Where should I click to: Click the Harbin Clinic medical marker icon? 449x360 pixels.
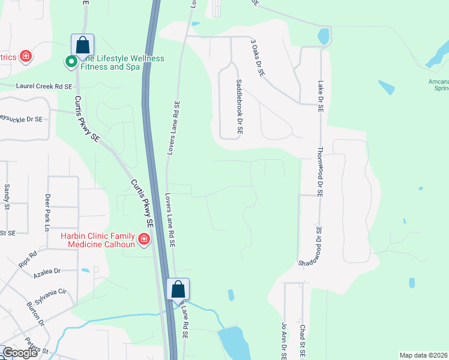coord(143,241)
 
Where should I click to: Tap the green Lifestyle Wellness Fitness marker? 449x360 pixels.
coord(70,61)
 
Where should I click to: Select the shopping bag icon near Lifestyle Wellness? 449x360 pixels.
coord(82,45)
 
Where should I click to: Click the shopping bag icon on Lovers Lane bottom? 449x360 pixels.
coord(178,289)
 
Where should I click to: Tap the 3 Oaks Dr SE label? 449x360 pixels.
coord(257,58)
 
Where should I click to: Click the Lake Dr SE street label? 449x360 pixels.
coord(321,97)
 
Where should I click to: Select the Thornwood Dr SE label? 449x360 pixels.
coord(320,172)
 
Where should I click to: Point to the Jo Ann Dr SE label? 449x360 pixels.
coord(285,341)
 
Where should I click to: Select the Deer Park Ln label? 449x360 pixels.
coord(46,212)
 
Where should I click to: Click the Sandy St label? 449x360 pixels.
coord(7,197)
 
